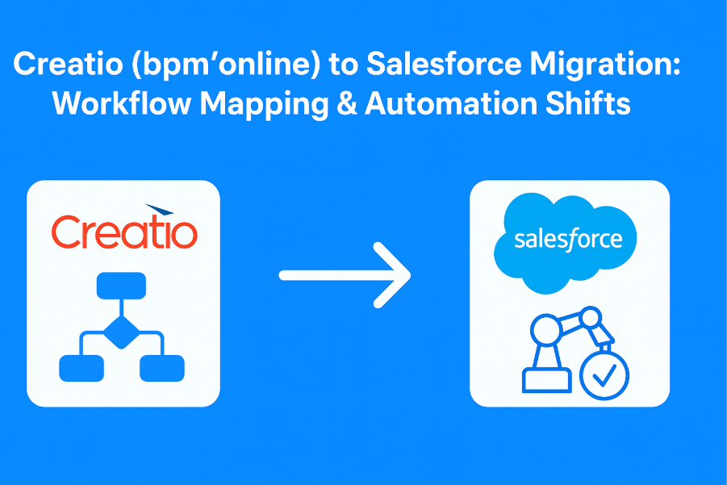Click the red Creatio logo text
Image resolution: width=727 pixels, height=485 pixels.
coord(123,232)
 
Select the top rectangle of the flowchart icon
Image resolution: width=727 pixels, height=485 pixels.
coord(120,286)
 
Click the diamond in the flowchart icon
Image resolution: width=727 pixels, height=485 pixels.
coord(120,331)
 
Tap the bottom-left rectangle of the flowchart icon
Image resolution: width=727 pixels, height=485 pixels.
coord(81,368)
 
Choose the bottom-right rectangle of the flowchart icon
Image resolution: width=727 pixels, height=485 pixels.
coord(161,368)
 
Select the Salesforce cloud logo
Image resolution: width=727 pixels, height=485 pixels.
coord(570,240)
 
